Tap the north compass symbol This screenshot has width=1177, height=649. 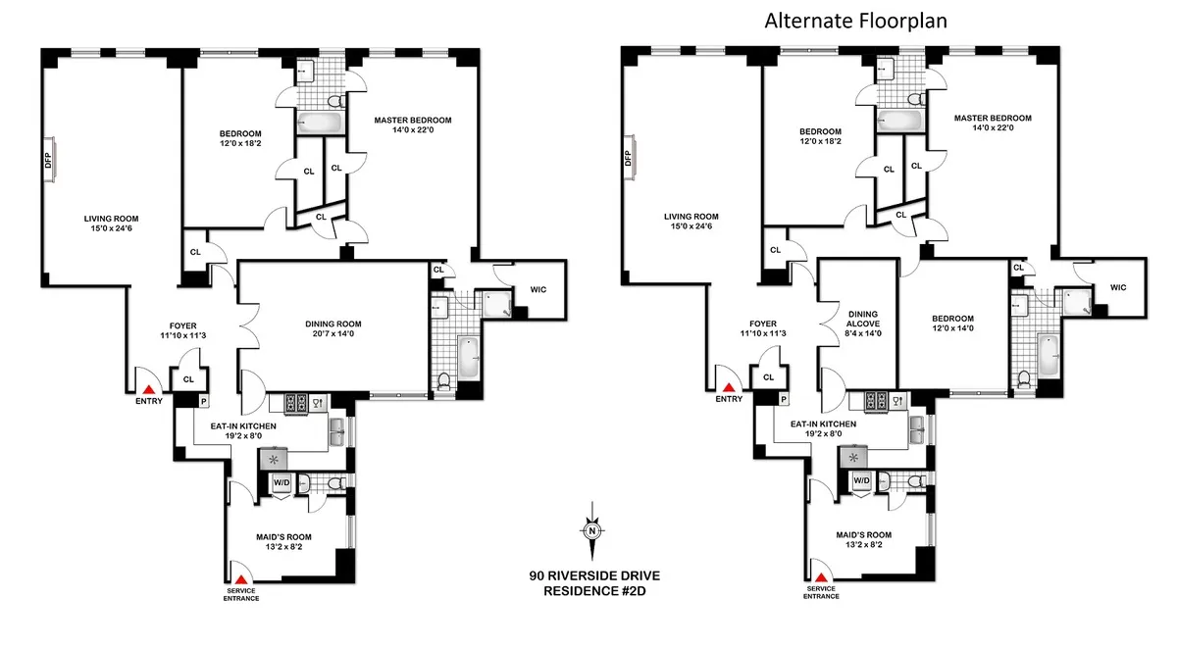[x=592, y=530]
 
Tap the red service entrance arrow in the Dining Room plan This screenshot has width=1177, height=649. [x=239, y=578]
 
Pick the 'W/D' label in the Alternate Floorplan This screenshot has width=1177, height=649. [x=861, y=480]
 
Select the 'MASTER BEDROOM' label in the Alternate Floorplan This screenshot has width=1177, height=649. [x=993, y=118]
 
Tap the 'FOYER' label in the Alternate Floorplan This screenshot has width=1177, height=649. [x=762, y=324]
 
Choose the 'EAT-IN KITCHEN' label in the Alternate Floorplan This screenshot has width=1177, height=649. [x=823, y=424]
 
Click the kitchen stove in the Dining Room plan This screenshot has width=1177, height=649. [x=296, y=401]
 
